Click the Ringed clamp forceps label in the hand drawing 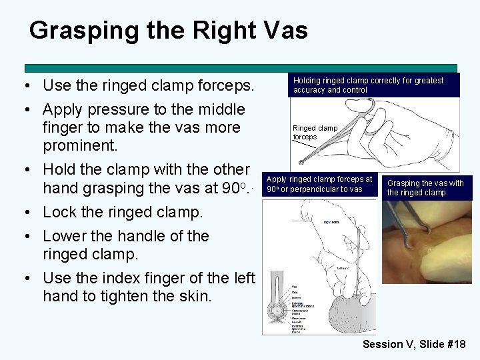315,132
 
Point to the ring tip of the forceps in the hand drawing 302,160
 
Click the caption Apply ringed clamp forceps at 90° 319,184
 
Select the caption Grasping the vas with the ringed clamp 425,188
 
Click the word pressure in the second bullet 119,109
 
